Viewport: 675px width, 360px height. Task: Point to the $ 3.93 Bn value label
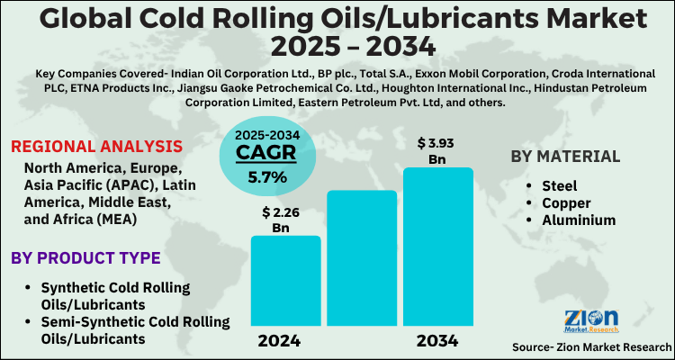437,150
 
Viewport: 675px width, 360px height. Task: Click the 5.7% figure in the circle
262,176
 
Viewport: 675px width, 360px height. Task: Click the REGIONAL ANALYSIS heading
96,147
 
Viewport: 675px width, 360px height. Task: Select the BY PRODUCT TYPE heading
85,258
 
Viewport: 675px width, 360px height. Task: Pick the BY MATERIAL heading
565,156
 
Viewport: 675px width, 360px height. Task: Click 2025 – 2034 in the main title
337,46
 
